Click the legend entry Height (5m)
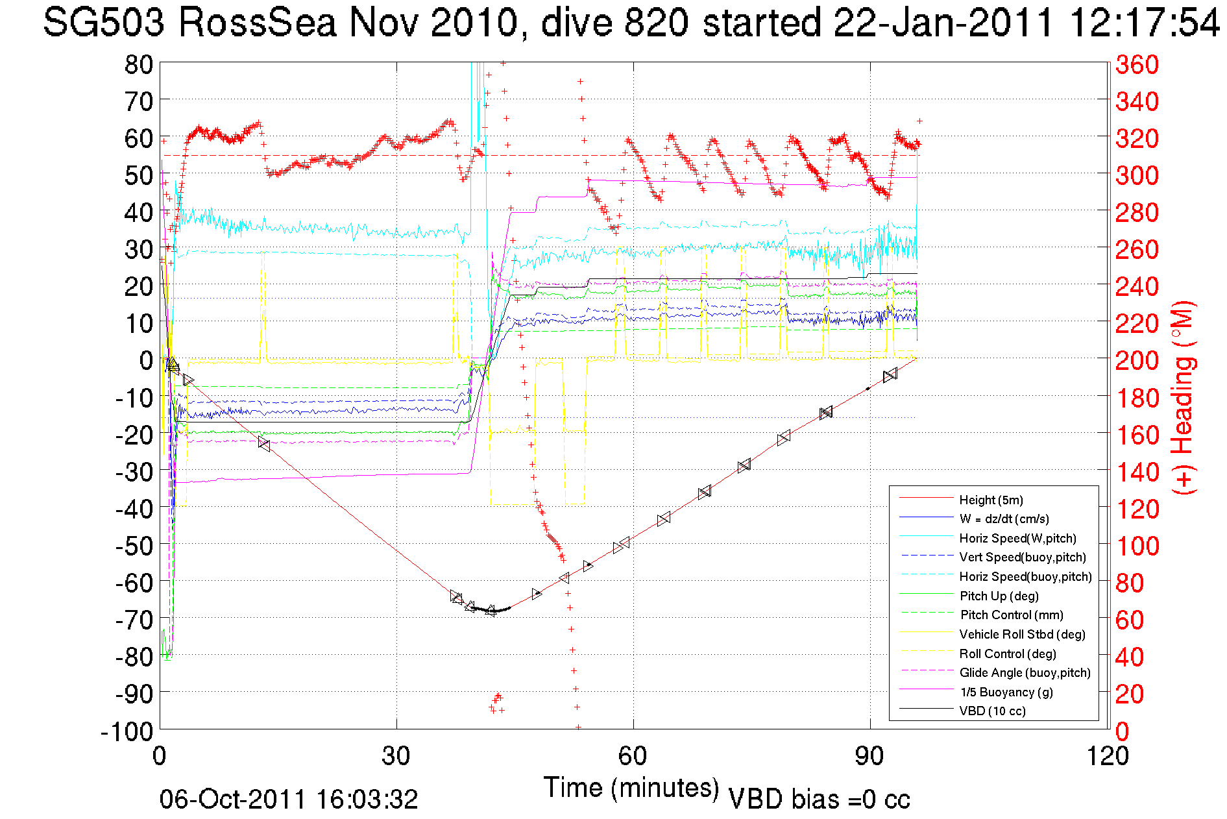point(991,500)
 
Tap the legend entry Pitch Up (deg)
point(999,596)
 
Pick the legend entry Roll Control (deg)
point(1007,654)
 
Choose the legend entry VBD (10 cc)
point(992,711)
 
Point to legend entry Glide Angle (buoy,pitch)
point(1025,672)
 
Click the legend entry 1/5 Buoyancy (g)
point(1006,692)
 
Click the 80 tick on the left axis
point(138,64)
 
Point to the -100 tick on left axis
point(127,731)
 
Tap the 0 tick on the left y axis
point(146,360)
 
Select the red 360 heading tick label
point(1137,64)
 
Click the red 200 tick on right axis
point(1137,360)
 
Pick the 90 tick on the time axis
point(869,756)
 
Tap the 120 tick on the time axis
point(1106,756)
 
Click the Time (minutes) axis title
point(631,788)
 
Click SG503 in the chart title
point(104,23)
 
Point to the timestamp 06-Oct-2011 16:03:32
point(289,800)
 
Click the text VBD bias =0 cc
point(819,800)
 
